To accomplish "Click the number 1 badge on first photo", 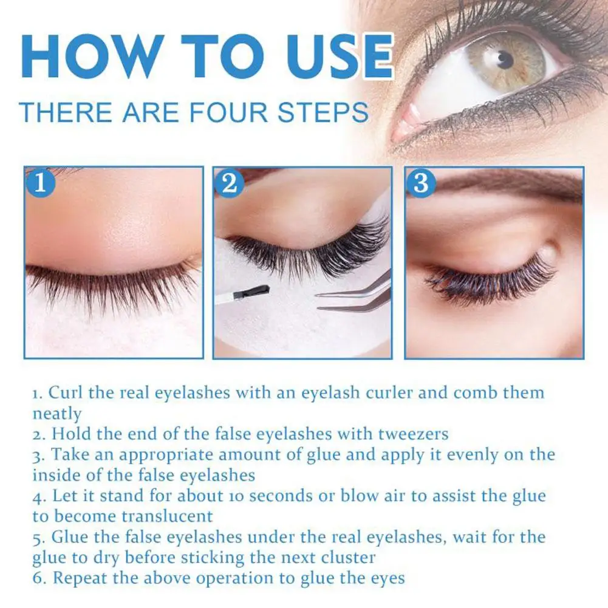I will click(41, 182).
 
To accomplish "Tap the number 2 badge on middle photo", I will click(229, 182).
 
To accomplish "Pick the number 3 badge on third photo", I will click(421, 183).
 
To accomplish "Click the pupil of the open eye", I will click(504, 59).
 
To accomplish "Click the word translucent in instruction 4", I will click(164, 516).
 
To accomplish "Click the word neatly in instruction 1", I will click(56, 413).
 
